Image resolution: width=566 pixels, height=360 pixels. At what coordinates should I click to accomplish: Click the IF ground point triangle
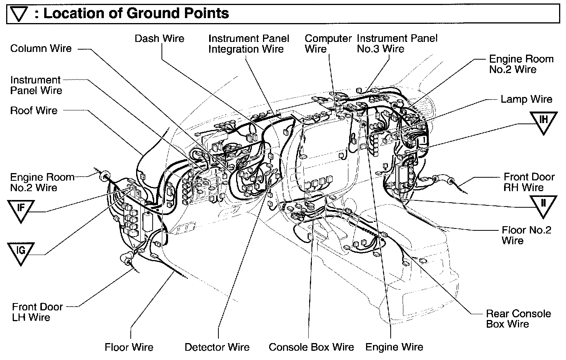pyautogui.click(x=21, y=209)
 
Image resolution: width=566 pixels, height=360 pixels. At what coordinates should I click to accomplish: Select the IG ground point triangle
pyautogui.click(x=21, y=252)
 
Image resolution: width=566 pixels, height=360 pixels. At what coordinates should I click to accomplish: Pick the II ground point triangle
pyautogui.click(x=543, y=204)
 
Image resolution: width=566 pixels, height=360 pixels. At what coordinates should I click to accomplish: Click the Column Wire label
pyautogui.click(x=41, y=48)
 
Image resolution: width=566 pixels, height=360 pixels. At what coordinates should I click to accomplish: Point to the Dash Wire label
pyautogui.click(x=159, y=38)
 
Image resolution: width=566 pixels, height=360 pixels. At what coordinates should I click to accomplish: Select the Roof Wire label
pyautogui.click(x=33, y=111)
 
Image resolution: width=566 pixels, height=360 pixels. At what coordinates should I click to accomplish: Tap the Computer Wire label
pyautogui.click(x=328, y=44)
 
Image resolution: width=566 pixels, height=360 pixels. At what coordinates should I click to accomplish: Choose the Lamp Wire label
pyautogui.click(x=526, y=99)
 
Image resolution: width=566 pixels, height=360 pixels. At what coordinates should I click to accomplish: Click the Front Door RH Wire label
pyautogui.click(x=529, y=182)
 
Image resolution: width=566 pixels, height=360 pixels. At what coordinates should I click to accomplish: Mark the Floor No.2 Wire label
pyautogui.click(x=526, y=235)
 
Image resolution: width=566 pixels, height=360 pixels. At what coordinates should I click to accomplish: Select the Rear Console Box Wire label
pyautogui.click(x=518, y=319)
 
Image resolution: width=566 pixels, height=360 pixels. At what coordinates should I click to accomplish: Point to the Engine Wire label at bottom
pyautogui.click(x=394, y=347)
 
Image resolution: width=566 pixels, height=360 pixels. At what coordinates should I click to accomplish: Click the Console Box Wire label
pyautogui.click(x=311, y=347)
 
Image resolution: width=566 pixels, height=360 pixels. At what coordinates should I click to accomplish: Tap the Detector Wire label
pyautogui.click(x=217, y=347)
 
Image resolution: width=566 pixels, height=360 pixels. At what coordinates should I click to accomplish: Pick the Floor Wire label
pyautogui.click(x=129, y=347)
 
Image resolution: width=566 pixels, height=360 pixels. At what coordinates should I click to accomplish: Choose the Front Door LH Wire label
pyautogui.click(x=37, y=312)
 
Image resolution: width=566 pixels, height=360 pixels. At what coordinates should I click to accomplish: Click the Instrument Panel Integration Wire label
pyautogui.click(x=248, y=44)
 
